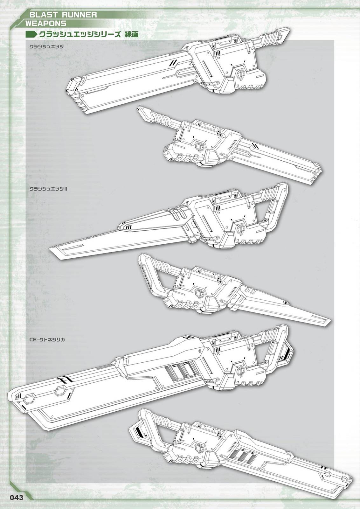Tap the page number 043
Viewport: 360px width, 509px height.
click(17, 498)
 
